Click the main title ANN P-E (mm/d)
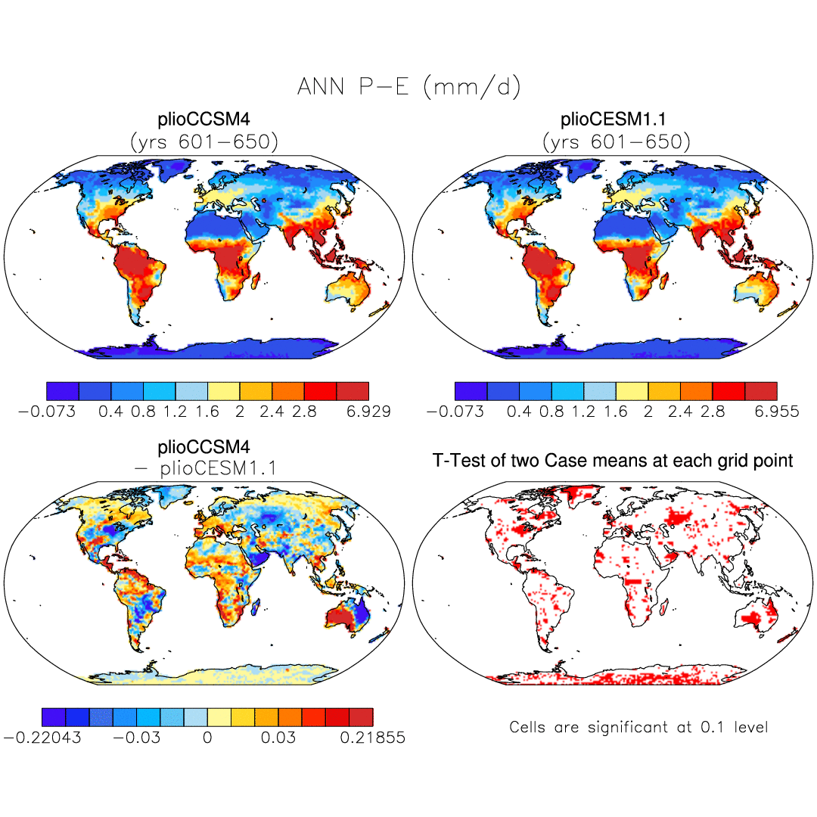(408, 88)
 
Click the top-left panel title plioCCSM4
(203, 121)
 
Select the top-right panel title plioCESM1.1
(614, 121)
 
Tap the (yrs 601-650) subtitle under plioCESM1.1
(614, 141)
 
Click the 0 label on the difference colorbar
(207, 738)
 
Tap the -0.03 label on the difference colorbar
(137, 738)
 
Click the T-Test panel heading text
(613, 460)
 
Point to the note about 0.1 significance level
(638, 727)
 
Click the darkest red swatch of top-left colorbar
(353, 391)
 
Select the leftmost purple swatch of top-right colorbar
(471, 391)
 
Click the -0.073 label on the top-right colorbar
(452, 412)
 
